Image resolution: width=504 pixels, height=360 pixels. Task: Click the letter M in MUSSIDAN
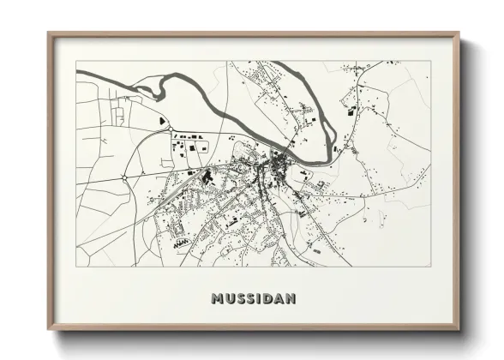[215, 299]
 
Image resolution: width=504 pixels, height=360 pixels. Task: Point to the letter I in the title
[258, 299]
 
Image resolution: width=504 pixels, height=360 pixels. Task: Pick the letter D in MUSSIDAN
[267, 299]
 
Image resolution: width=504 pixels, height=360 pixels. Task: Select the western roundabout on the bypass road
[125, 177]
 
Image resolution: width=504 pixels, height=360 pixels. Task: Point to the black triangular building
[163, 123]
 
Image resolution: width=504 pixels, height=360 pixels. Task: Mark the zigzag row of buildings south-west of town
[181, 243]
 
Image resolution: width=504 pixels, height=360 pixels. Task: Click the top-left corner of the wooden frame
[48, 33]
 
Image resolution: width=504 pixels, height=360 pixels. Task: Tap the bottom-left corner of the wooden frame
[48, 330]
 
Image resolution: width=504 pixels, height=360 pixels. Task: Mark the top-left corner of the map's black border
[76, 61]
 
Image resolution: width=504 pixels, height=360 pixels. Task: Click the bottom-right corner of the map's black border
[430, 267]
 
